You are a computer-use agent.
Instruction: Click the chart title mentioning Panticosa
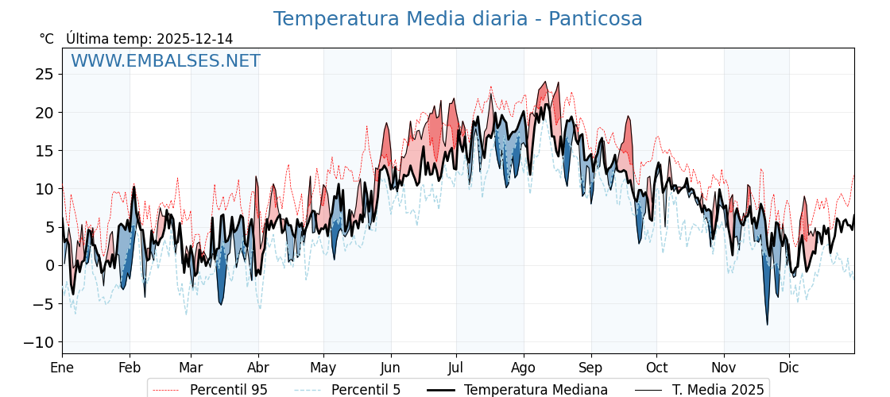pos(458,19)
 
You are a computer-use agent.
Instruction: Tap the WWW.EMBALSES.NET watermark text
pos(165,61)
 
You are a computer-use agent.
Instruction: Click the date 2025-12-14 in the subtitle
pos(195,39)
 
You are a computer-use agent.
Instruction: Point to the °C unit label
pos(46,39)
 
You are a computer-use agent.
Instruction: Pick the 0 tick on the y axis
pos(50,265)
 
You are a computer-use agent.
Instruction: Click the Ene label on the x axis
pos(62,368)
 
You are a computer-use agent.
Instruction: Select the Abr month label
pos(258,368)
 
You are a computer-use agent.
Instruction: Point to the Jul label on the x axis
pos(456,368)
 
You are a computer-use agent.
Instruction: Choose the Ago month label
pos(524,368)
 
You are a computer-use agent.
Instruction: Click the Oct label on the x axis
pos(656,368)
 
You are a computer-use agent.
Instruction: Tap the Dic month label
pos(789,368)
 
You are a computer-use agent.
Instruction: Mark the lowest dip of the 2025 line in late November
pos(768,324)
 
